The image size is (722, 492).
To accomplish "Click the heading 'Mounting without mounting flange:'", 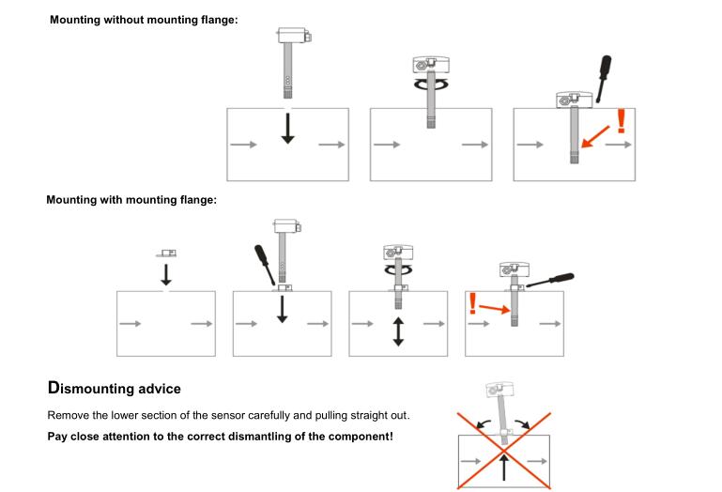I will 144,21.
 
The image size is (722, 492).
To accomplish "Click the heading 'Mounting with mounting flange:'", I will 131,200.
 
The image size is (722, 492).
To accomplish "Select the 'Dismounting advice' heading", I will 114,388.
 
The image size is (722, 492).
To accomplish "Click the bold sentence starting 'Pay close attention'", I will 220,437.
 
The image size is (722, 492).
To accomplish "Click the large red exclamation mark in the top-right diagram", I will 620,120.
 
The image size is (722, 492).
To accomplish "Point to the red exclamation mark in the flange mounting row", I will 472,304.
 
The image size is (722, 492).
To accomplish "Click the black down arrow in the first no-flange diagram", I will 288,128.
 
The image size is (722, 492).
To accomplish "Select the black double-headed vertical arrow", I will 398,331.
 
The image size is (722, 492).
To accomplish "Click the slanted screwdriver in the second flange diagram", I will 264,263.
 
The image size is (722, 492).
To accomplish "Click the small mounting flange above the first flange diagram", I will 166,254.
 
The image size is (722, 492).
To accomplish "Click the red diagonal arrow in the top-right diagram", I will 594,138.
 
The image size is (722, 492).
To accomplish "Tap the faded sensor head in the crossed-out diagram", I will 497,392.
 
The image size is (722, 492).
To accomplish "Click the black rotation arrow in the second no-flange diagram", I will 430,84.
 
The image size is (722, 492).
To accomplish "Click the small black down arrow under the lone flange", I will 166,273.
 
